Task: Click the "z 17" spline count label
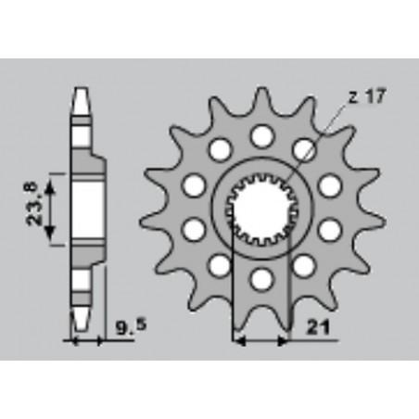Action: (367, 96)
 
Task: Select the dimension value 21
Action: (318, 327)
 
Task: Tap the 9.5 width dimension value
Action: (131, 327)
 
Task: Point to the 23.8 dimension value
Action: (32, 204)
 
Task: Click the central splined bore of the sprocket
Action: (261, 210)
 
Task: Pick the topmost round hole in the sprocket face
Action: (262, 136)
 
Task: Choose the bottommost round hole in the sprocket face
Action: (262, 280)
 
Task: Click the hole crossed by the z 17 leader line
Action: (304, 149)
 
